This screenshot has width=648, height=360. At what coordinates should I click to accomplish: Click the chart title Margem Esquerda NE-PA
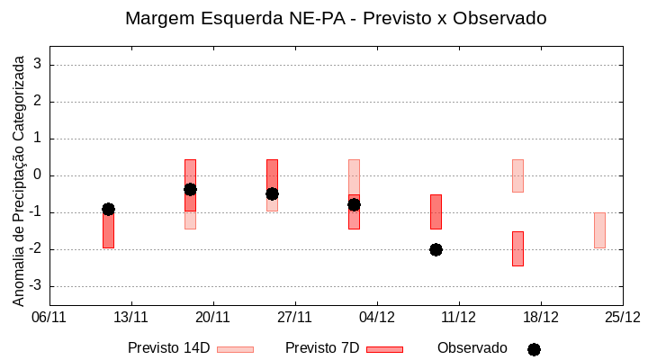tap(336, 18)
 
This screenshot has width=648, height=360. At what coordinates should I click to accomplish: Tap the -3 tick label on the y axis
tap(36, 286)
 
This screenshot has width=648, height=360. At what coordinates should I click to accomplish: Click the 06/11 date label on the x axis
tap(49, 317)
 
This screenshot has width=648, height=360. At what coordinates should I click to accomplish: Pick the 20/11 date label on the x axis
tap(213, 317)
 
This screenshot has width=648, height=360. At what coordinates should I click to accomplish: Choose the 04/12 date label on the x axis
tap(377, 317)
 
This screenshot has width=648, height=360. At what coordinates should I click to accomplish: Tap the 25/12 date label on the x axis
tap(622, 317)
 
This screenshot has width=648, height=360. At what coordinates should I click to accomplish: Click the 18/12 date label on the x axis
tap(540, 317)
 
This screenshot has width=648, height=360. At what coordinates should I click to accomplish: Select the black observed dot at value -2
tap(436, 249)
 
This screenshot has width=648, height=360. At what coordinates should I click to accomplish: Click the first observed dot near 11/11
tap(108, 209)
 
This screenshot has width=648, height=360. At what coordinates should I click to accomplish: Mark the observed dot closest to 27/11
tap(272, 193)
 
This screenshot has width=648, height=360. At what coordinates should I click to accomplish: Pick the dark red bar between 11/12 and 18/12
tap(517, 248)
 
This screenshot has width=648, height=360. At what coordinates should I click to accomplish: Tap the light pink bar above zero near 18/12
tap(517, 175)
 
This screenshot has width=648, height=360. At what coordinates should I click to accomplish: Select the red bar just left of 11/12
tap(436, 211)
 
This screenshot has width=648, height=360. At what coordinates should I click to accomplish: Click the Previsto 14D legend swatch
tap(235, 349)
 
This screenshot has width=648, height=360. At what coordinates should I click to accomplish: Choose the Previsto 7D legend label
tap(321, 348)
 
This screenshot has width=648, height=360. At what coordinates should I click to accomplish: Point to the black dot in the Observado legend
tap(534, 349)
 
